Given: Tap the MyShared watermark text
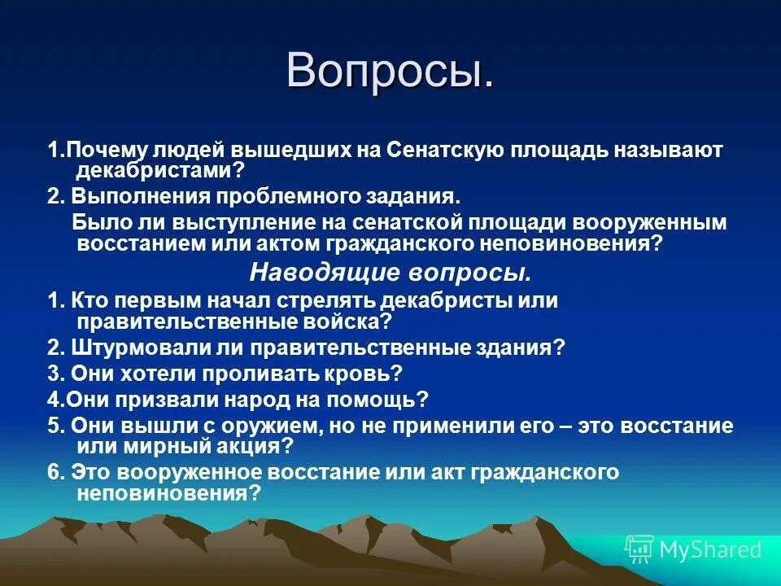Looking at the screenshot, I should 710,549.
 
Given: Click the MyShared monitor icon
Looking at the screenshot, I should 639,549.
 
